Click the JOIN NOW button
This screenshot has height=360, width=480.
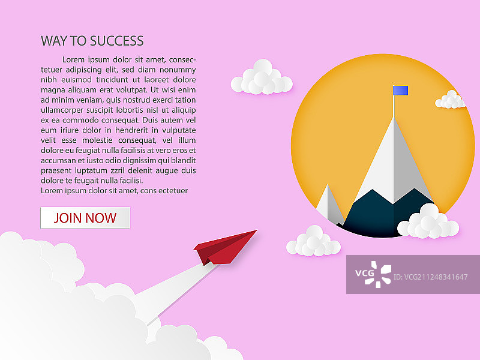tap(85, 218)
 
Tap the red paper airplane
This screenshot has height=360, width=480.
tap(225, 248)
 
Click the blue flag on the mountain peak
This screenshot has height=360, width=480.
tap(400, 91)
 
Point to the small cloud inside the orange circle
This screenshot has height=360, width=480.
tap(451, 100)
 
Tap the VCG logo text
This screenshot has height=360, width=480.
tap(365, 273)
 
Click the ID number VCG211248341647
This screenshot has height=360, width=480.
tap(430, 277)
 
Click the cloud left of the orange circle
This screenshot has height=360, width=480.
tap(262, 77)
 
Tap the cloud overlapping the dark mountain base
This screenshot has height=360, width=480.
tap(428, 221)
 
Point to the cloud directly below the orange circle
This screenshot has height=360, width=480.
tap(313, 241)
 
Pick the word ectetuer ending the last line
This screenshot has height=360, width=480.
tap(173, 191)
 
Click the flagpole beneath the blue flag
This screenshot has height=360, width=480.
tap(394, 106)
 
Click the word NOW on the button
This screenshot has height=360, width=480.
tap(101, 218)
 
